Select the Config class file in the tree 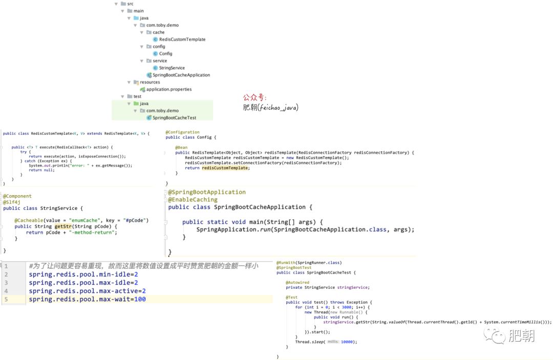[165, 54]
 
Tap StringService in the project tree [172, 68]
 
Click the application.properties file [169, 90]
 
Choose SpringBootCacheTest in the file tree [174, 118]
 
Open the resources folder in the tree [150, 82]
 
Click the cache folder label [158, 32]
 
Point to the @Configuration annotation [182, 132]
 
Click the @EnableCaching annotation [193, 200]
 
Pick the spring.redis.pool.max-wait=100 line [87, 299]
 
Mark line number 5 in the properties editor [6, 299]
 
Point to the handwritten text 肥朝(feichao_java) [270, 108]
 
